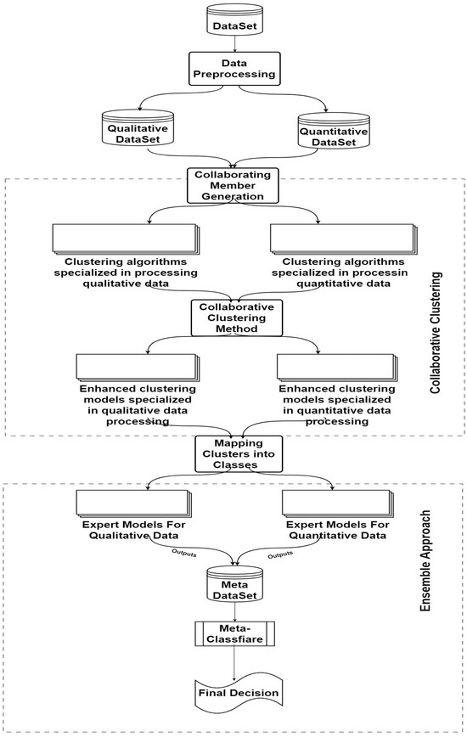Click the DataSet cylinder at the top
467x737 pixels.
(x=233, y=20)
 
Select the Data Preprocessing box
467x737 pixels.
(x=233, y=70)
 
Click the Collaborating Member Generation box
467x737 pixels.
(x=233, y=184)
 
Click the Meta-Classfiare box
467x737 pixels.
(x=233, y=633)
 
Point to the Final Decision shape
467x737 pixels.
(x=233, y=691)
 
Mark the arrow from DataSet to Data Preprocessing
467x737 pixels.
(x=233, y=44)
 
